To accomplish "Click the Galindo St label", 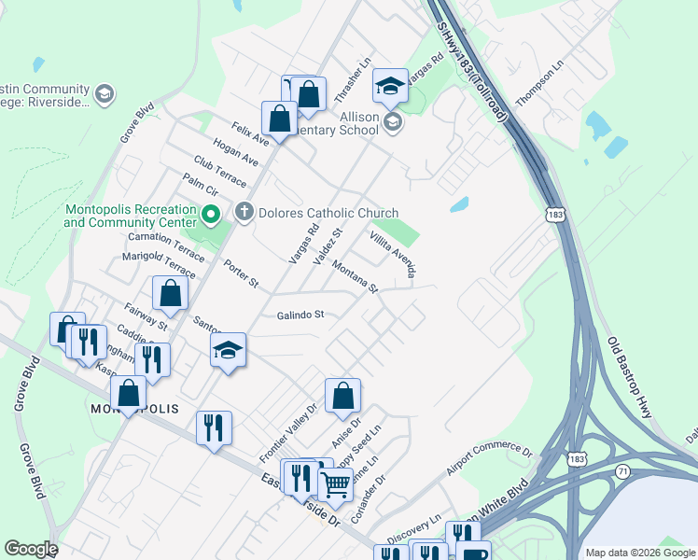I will click(300, 315).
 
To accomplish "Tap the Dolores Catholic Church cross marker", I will click(244, 213).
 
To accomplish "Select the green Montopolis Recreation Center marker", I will click(211, 217).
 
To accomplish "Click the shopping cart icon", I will click(336, 483).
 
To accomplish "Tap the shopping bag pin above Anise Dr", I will click(343, 395).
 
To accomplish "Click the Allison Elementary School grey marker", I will click(393, 120).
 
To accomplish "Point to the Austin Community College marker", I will click(104, 93).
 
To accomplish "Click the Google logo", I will click(31, 549).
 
